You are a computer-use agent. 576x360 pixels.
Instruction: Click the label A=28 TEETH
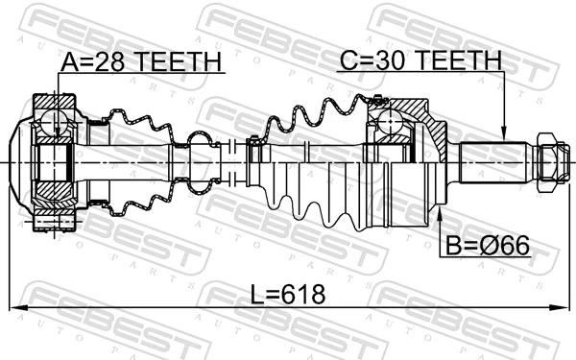pyautogui.click(x=141, y=62)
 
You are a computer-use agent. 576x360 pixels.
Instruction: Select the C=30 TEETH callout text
pyautogui.click(x=420, y=60)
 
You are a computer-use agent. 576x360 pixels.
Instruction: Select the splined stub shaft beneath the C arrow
pyautogui.click(x=495, y=158)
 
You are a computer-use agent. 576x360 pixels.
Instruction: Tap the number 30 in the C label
pyautogui.click(x=385, y=60)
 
